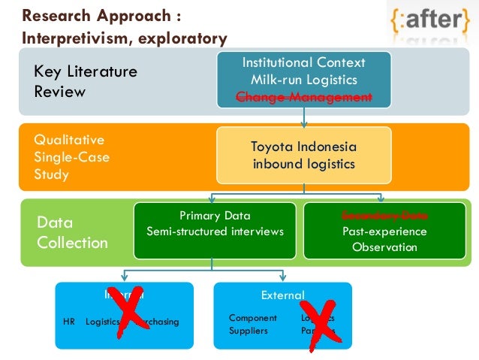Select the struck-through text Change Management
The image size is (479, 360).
(x=304, y=97)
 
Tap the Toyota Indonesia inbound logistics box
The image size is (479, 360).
(x=303, y=156)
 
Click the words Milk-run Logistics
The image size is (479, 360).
(x=304, y=80)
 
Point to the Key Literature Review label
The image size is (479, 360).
(x=86, y=81)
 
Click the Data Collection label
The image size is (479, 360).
(x=72, y=232)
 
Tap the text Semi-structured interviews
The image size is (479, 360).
(x=215, y=231)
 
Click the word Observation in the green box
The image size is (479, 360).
(x=384, y=248)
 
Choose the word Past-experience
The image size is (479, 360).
(x=384, y=231)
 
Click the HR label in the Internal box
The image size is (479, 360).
(x=69, y=322)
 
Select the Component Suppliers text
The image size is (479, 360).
(x=252, y=324)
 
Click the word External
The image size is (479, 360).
(x=282, y=295)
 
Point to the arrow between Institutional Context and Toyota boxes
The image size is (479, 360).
(x=304, y=116)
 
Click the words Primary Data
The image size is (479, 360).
(x=215, y=215)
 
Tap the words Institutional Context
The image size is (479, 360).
(x=304, y=62)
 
